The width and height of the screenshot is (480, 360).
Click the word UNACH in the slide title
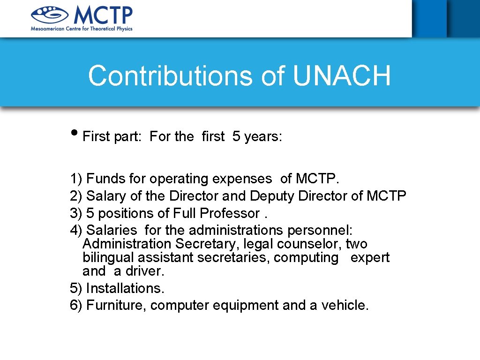pyautogui.click(x=342, y=76)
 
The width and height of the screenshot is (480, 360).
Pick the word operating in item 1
pyautogui.click(x=179, y=179)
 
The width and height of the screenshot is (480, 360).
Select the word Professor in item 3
pyautogui.click(x=230, y=213)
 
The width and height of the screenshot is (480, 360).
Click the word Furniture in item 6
pyautogui.click(x=117, y=305)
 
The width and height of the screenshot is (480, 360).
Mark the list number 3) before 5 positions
pyautogui.click(x=76, y=213)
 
